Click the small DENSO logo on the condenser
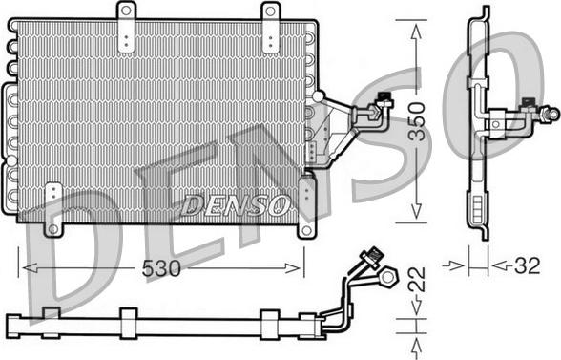click(x=234, y=203)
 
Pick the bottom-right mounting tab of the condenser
click(x=305, y=227)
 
